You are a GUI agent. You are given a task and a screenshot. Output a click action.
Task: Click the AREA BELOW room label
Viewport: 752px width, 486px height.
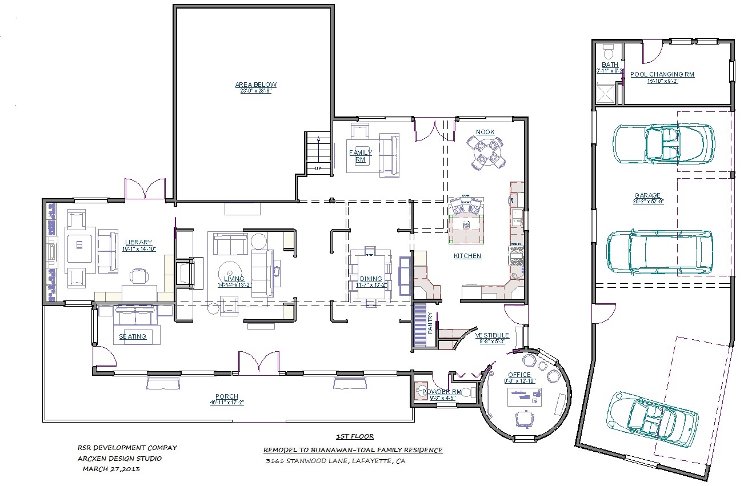coord(255,85)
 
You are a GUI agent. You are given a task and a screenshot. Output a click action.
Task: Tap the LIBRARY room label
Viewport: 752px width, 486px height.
coord(138,242)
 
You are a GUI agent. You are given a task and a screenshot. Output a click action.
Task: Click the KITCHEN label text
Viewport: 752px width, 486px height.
coord(467,256)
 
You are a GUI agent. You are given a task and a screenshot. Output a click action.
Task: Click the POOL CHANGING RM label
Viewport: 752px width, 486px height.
coord(662,74)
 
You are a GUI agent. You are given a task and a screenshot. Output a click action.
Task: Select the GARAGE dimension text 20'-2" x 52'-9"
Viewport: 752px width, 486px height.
coord(646,201)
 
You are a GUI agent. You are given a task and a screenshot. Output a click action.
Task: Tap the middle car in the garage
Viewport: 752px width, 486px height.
coord(659,252)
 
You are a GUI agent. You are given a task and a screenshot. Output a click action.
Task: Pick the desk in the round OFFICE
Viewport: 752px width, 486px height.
coord(524,396)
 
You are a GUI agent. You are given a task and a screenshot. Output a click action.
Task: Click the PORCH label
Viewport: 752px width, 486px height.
coord(227,396)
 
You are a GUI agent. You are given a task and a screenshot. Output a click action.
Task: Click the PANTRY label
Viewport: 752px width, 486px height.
coord(430,323)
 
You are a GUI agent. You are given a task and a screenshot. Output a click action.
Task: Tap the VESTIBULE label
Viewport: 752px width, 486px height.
coord(492,335)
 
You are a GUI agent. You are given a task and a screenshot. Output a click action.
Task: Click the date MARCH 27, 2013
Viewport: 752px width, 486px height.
coord(111,469)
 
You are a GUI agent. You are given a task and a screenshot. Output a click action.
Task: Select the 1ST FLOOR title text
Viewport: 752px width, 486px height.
coord(354,436)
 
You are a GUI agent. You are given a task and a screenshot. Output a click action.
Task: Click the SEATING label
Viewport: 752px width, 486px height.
coord(133,336)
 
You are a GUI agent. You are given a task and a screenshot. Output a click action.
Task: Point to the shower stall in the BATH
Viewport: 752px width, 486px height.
coord(606,93)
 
